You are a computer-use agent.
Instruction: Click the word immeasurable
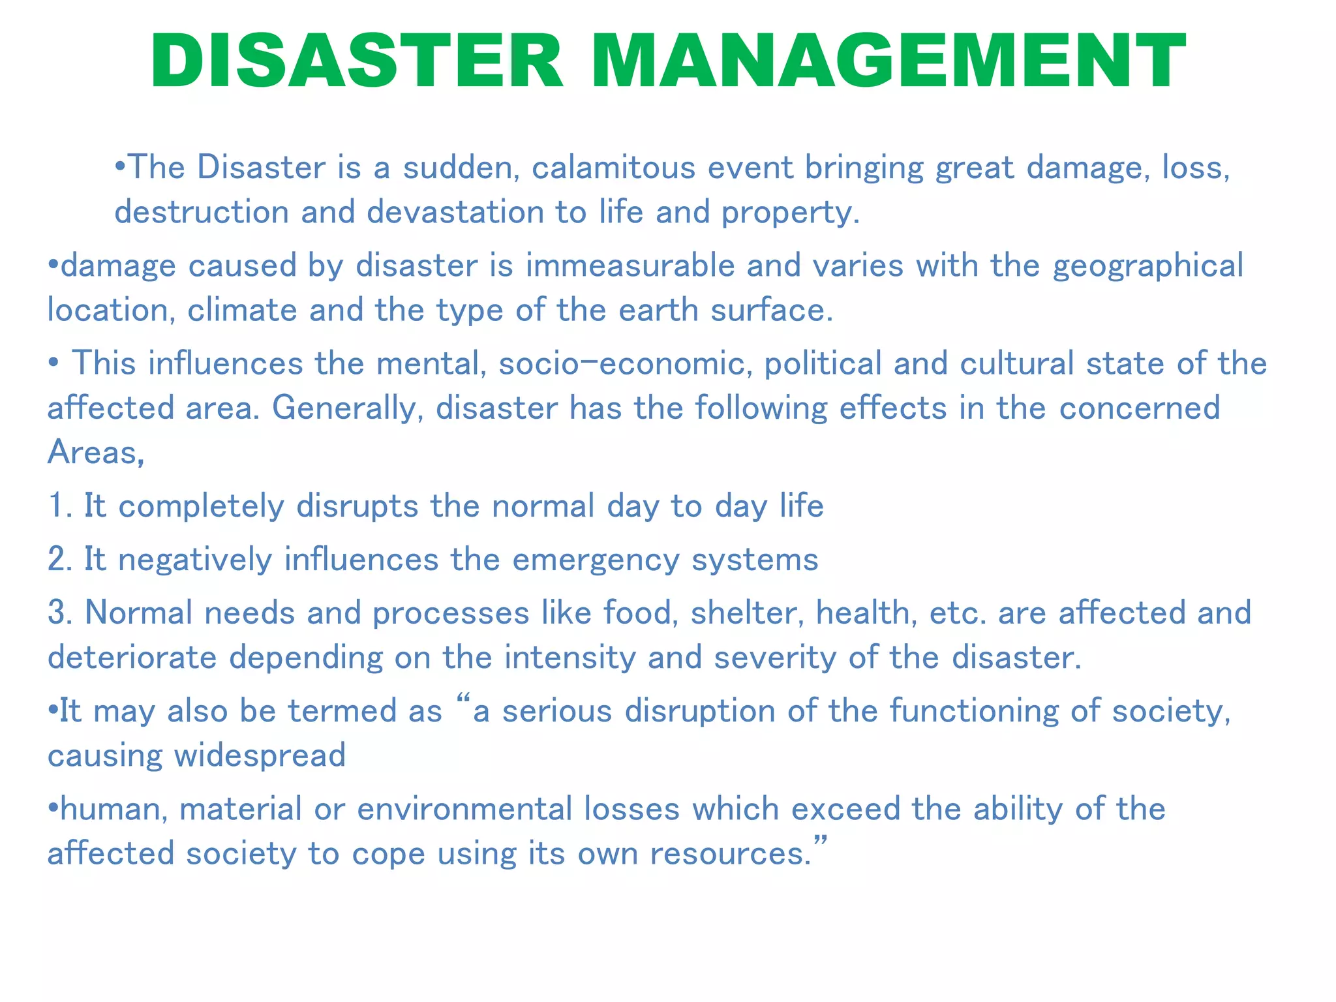(630, 266)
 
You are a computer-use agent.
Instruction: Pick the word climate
(242, 310)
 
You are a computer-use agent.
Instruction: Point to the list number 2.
(57, 560)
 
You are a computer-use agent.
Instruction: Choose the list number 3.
(57, 613)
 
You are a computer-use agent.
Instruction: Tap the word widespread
(260, 755)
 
